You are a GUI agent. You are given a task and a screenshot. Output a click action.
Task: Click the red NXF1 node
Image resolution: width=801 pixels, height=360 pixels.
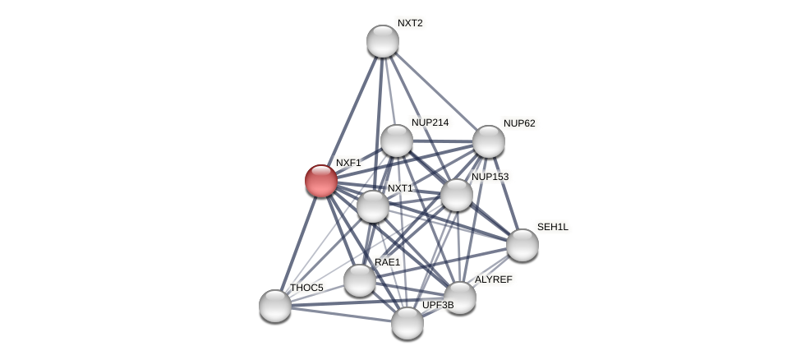(x=320, y=181)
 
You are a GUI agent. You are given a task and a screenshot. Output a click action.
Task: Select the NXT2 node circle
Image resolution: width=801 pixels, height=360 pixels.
(x=382, y=41)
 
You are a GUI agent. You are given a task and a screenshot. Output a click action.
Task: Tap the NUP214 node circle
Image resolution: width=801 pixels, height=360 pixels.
(x=396, y=141)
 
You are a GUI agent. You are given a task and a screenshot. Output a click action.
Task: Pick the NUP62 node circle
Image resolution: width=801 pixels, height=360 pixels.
(x=488, y=141)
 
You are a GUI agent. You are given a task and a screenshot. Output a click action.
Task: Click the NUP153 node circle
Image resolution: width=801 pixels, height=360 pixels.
(x=456, y=195)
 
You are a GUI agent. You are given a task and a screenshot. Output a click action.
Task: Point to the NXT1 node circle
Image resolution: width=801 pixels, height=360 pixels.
(x=372, y=206)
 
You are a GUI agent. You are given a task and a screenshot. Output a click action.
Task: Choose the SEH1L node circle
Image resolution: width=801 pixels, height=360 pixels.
(x=522, y=245)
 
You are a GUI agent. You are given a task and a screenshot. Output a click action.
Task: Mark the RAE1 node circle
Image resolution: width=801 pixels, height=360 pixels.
(x=359, y=280)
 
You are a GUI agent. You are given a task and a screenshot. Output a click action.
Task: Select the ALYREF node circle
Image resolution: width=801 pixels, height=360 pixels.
(x=459, y=298)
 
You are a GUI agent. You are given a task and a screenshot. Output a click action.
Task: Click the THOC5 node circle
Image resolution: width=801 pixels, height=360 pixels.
(x=274, y=306)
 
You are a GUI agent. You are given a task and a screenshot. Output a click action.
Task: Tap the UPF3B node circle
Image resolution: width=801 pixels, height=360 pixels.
(x=407, y=323)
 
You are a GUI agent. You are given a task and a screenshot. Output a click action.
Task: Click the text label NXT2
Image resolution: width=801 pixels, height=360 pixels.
(x=410, y=23)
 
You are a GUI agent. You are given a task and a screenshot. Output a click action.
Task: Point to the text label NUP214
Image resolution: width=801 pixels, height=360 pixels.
(x=430, y=122)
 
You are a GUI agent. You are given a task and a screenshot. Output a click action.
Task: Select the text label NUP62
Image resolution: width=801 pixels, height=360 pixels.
(x=519, y=123)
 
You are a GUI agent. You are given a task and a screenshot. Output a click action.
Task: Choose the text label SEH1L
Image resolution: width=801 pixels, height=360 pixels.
(x=552, y=227)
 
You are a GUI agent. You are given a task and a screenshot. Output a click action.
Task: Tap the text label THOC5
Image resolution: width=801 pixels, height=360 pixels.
(x=306, y=288)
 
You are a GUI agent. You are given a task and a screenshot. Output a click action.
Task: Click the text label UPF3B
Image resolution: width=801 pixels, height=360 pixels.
(x=438, y=305)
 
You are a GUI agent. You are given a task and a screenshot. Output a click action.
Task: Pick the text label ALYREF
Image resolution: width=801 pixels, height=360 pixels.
(x=493, y=279)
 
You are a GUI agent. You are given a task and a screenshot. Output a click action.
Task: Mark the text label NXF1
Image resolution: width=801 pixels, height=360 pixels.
(x=348, y=163)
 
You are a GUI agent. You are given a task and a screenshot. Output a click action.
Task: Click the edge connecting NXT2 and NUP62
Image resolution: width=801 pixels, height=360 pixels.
(x=435, y=91)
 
